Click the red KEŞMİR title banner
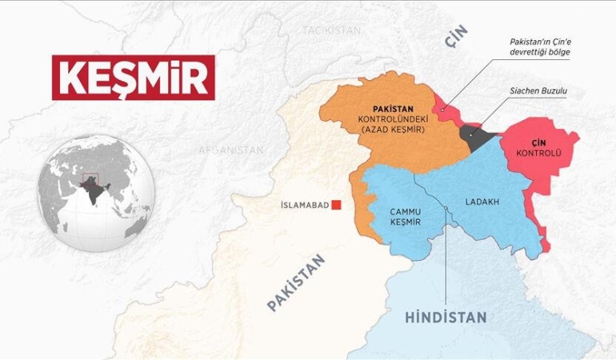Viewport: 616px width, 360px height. (x=134, y=78)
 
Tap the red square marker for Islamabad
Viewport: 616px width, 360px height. (x=337, y=205)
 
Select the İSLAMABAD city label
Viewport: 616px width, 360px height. (x=304, y=206)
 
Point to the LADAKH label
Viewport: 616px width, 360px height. (x=482, y=202)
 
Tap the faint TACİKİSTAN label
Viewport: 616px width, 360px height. (x=332, y=30)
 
